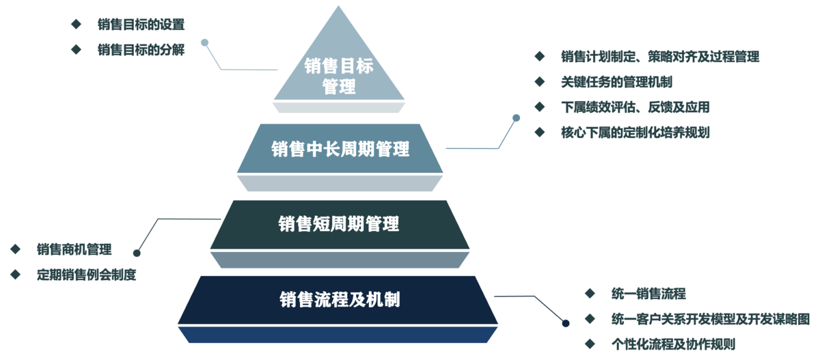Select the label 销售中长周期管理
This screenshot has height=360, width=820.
(340, 149)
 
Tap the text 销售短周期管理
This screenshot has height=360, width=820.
(339, 223)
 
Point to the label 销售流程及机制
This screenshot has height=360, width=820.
(340, 299)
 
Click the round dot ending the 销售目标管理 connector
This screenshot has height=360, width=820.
(204, 42)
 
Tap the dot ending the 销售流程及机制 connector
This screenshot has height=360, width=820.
(565, 322)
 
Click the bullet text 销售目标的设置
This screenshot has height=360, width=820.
(141, 25)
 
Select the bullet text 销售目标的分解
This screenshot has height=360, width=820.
(141, 49)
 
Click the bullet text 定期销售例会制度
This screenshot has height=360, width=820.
(86, 274)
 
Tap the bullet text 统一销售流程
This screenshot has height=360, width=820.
(648, 294)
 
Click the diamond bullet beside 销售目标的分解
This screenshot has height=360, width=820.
(76, 49)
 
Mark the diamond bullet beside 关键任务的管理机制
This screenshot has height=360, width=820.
(540, 82)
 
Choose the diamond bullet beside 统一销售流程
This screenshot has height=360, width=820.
(590, 294)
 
